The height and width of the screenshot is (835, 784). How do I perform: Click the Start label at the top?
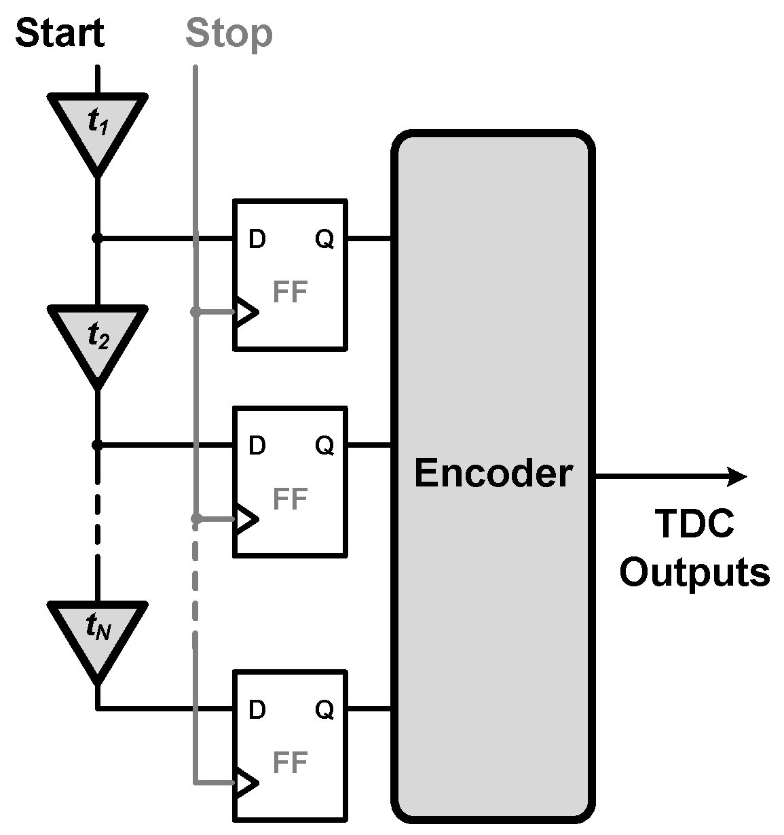coord(60,33)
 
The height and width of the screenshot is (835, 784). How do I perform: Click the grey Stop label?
coord(229,33)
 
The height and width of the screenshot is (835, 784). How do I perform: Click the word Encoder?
coord(493,473)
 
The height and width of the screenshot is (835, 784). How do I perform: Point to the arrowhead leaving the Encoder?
coord(737,477)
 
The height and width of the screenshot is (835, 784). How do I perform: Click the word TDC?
coord(694,525)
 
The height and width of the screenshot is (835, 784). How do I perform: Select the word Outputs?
coord(694,572)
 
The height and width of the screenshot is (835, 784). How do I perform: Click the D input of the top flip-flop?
coord(257,239)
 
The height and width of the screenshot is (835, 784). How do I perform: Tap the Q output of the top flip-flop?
coord(324,239)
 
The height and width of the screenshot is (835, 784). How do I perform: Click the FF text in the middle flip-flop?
coord(290,499)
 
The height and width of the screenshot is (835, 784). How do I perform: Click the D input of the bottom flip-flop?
coord(257,710)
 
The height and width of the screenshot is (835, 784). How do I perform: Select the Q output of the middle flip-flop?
coord(324,446)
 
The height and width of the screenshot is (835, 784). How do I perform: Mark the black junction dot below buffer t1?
coord(97,238)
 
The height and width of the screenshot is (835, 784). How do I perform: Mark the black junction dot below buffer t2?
coord(97,445)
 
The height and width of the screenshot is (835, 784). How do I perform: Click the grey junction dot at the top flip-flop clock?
coord(195,312)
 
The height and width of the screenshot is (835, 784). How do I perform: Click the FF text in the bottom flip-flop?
coord(290,762)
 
